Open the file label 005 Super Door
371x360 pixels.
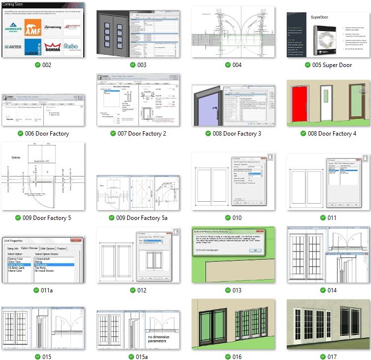tap(332, 65)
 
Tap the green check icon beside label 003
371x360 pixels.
tap(133, 65)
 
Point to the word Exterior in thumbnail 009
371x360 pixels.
tap(16, 158)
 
